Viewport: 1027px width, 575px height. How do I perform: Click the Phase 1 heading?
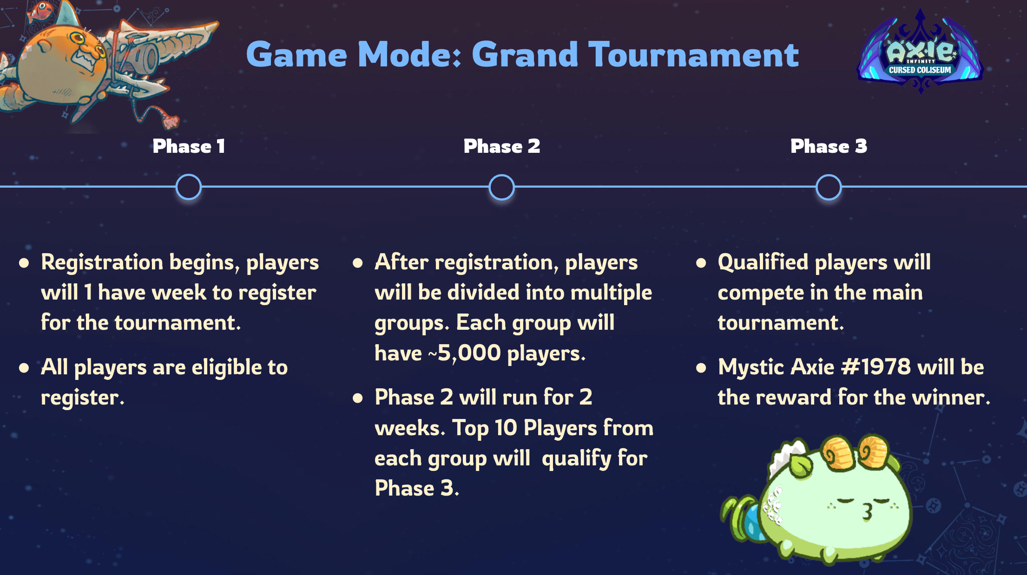[x=189, y=146]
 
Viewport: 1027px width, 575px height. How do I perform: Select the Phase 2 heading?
[x=502, y=146]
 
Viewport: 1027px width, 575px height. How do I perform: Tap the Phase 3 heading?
[x=829, y=146]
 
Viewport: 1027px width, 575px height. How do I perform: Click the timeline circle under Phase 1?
[x=189, y=187]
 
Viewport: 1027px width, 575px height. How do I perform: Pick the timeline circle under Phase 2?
[x=502, y=187]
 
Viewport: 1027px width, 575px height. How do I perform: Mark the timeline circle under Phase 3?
[x=829, y=187]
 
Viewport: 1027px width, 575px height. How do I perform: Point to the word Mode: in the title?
[x=409, y=55]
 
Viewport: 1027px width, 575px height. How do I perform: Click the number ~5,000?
[x=464, y=353]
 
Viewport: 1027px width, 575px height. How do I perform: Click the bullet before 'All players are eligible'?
[x=24, y=368]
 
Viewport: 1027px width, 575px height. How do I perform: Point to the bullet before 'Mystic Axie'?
[x=701, y=368]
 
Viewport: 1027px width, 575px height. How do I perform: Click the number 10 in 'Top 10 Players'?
[x=506, y=428]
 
